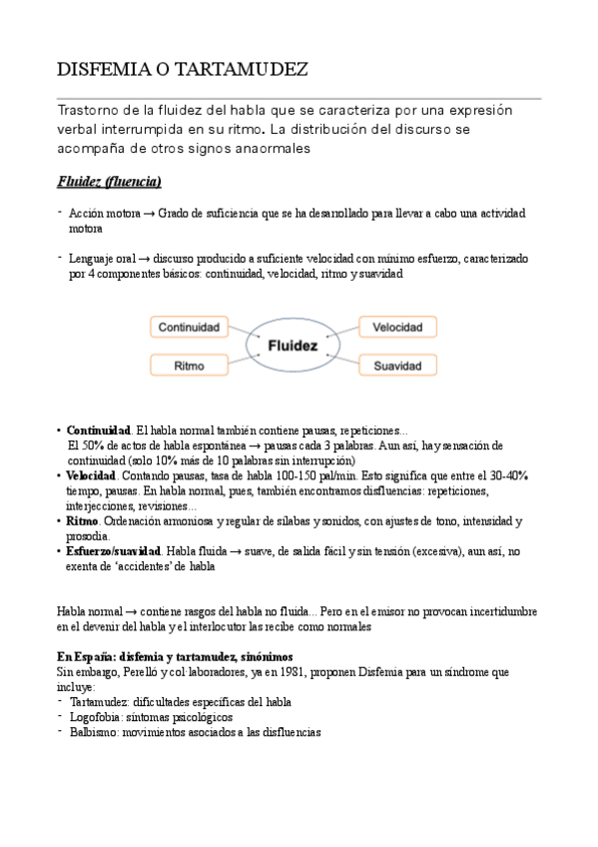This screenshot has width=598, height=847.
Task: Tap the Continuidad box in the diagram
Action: [189, 327]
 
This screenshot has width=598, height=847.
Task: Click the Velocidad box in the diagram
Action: [396, 327]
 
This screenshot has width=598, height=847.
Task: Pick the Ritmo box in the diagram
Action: [189, 367]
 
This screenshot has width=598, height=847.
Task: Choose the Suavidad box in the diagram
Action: [396, 367]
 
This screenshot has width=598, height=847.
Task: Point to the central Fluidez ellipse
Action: [293, 347]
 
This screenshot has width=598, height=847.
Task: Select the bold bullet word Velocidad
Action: [91, 476]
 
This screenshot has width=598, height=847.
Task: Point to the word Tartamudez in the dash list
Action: [100, 702]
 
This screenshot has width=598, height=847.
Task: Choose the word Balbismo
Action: [94, 732]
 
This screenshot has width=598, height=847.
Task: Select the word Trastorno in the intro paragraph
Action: [87, 111]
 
